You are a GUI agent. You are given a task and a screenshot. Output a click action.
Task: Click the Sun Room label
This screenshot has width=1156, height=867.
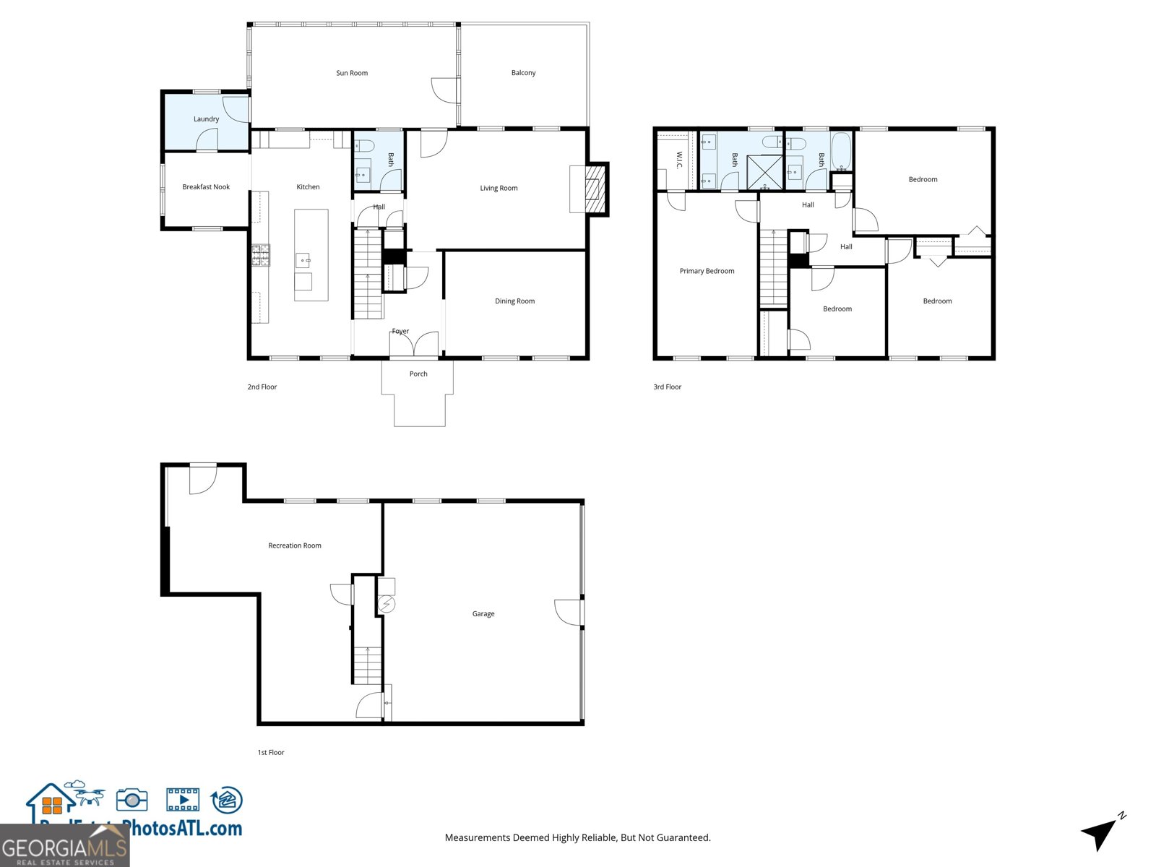[352, 73]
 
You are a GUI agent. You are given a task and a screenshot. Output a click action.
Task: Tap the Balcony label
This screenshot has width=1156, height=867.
[523, 73]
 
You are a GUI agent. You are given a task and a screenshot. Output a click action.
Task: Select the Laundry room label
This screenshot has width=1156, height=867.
[206, 119]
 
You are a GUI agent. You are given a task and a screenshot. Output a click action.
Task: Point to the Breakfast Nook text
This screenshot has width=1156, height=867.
[206, 187]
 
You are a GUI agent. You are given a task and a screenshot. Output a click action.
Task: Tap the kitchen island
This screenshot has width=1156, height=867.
[311, 255]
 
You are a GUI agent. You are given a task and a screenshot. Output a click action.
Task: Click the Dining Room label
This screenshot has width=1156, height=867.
[514, 301]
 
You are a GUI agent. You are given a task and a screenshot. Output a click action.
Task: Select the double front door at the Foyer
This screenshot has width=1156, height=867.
[414, 345]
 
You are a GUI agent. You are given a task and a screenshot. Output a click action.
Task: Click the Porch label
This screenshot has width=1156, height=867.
[418, 374]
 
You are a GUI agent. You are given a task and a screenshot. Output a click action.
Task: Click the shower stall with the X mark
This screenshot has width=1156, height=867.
[764, 172]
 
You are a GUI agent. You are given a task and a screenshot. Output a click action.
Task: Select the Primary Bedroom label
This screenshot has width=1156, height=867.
[707, 272]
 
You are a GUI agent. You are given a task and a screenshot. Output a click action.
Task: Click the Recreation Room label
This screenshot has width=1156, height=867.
[295, 545]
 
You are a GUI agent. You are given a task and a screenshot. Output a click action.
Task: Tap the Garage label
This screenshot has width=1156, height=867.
[483, 614]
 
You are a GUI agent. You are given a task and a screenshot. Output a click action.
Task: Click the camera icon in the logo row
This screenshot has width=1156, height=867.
[131, 800]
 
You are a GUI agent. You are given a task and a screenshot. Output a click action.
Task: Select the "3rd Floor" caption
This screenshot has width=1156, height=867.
[667, 387]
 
